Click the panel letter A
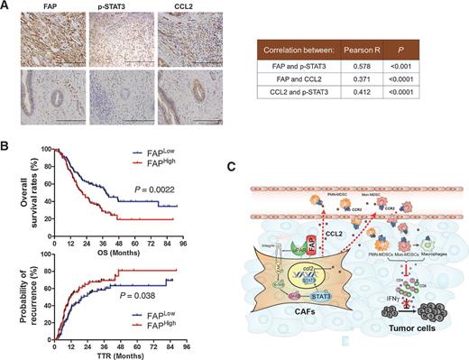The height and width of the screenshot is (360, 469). pos(7,6)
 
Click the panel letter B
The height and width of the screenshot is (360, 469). pos(7,143)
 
